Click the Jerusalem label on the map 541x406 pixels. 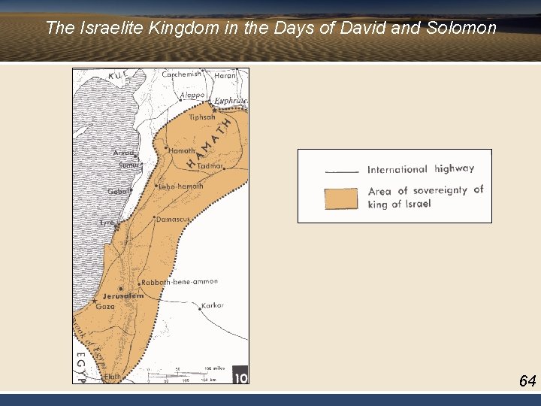[123, 296]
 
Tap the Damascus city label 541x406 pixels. [172, 219]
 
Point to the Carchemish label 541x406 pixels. [182, 74]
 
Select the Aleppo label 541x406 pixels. [192, 95]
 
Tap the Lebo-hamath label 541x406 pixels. [181, 186]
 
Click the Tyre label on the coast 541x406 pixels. [107, 223]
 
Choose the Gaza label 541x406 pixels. [104, 307]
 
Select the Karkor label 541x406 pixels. [213, 306]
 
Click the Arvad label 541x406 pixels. [123, 153]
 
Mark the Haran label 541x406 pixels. [225, 75]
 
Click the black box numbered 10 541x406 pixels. [240, 375]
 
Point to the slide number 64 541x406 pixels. [527, 381]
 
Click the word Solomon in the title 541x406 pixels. [461, 29]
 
